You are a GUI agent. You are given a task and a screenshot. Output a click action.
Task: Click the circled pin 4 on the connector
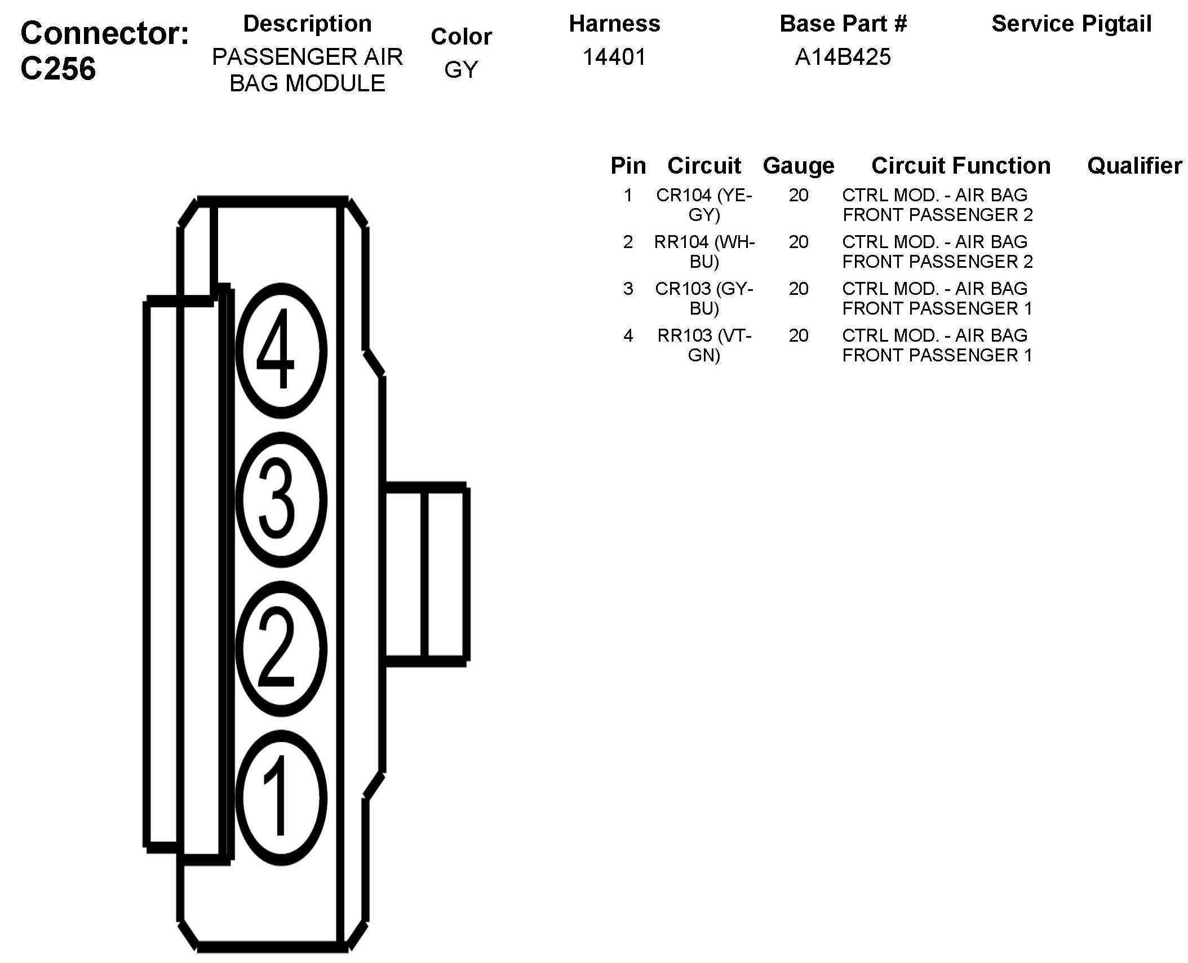click(x=281, y=350)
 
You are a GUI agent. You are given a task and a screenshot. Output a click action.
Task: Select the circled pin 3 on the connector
click(x=281, y=500)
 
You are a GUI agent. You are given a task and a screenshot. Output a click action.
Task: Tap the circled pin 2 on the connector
click(x=281, y=649)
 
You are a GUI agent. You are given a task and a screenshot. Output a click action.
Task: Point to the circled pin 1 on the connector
click(x=281, y=797)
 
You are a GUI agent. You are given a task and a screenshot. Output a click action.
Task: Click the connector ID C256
click(x=58, y=69)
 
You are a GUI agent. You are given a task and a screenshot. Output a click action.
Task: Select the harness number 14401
click(x=614, y=57)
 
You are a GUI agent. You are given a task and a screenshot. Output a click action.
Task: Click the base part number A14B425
click(x=843, y=57)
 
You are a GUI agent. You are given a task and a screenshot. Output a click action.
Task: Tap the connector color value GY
click(x=461, y=69)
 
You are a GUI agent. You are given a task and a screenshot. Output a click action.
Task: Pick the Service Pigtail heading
click(x=1071, y=24)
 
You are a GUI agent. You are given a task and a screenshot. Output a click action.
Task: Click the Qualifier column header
click(x=1134, y=166)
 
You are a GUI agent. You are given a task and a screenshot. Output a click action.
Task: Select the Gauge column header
click(x=798, y=166)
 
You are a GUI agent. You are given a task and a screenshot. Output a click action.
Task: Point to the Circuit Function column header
click(x=960, y=166)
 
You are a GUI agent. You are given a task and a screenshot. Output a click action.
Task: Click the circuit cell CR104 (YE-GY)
click(x=704, y=205)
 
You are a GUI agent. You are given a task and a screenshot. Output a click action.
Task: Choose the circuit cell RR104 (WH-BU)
click(x=704, y=251)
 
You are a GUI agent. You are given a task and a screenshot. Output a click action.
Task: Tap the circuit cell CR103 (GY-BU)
click(x=704, y=298)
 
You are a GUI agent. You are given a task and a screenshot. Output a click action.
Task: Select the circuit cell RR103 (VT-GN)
click(x=704, y=345)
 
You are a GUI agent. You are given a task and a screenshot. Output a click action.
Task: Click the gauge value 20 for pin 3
click(x=798, y=289)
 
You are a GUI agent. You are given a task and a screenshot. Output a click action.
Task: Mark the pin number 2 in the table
click(x=628, y=242)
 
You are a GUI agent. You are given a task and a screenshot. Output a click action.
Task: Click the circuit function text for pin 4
click(x=937, y=345)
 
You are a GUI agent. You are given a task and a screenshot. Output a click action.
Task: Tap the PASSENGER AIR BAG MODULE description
click(x=307, y=70)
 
